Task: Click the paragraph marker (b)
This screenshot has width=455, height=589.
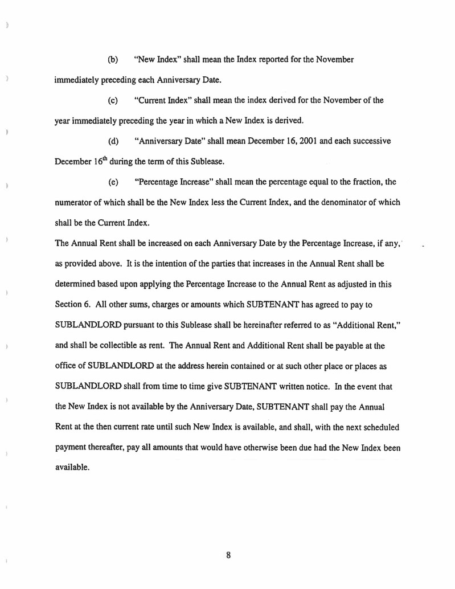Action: click(113, 60)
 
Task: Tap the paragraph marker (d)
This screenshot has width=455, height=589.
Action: click(113, 142)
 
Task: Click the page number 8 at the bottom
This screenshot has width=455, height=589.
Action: click(228, 555)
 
